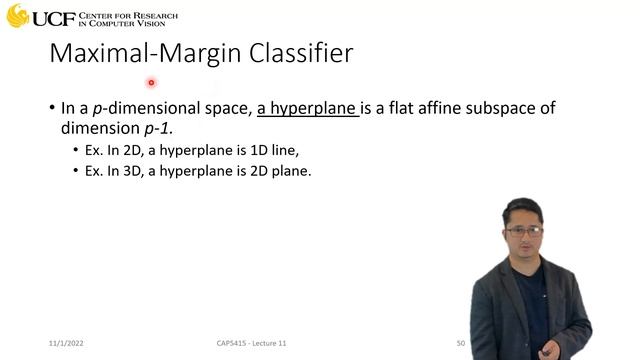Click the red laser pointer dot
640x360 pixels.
(x=151, y=83)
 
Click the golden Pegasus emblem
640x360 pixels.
(x=16, y=16)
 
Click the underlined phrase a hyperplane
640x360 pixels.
(x=307, y=108)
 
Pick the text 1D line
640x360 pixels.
(x=274, y=150)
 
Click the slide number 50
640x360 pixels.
(x=461, y=343)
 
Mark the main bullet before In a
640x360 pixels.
(x=51, y=108)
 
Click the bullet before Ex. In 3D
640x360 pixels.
(x=76, y=171)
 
